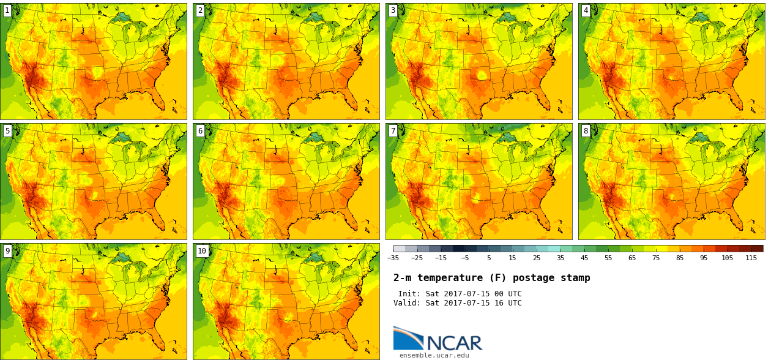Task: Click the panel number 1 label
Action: [7, 10]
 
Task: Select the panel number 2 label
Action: [200, 10]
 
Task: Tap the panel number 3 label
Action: [393, 10]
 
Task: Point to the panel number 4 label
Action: [586, 10]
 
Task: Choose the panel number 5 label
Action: [7, 130]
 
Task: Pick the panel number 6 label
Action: [200, 130]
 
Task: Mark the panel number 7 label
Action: [393, 130]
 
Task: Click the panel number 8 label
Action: [586, 130]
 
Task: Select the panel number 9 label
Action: [7, 250]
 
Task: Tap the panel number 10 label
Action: [202, 250]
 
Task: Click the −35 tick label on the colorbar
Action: [393, 258]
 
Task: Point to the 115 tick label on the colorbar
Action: [751, 258]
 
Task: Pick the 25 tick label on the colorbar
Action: [536, 258]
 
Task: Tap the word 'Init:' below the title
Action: [410, 294]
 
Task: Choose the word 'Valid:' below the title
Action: [408, 303]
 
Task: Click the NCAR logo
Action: [438, 339]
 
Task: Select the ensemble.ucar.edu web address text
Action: [434, 355]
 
